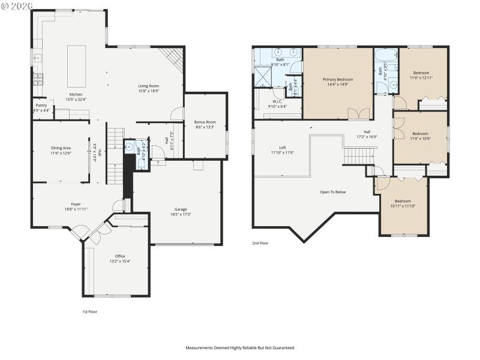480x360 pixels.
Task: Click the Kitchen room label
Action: [x=76, y=95]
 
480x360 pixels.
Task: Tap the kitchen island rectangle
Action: [x=76, y=66]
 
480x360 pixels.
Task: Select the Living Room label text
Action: [x=148, y=86]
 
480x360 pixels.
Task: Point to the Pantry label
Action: [x=41, y=105]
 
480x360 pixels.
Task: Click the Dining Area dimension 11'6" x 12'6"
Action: [x=60, y=154]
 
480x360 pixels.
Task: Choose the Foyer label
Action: [x=76, y=204]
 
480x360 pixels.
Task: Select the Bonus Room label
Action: [x=205, y=122]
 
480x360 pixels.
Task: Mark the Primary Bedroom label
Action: [x=338, y=80]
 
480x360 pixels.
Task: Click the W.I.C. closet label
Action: [x=277, y=101]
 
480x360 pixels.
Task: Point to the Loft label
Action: [x=282, y=148]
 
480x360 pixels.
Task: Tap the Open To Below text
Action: [x=332, y=192]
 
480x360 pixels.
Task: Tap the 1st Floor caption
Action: [x=89, y=312]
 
